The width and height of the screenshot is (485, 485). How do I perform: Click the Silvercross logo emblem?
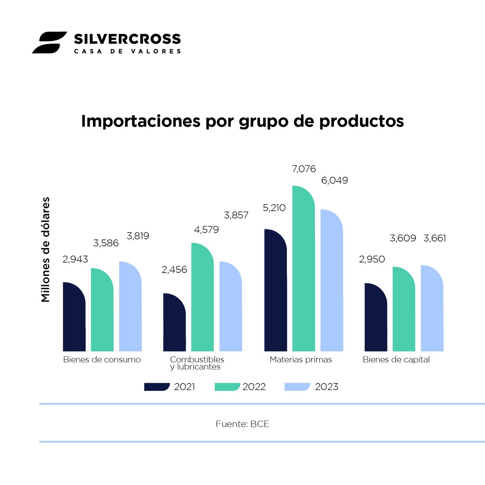pos(49,42)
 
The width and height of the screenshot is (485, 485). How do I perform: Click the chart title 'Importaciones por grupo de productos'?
pos(242,121)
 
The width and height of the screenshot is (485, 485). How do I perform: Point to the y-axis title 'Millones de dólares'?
pos(46,250)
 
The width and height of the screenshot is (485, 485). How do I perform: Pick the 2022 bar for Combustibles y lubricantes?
pos(202,298)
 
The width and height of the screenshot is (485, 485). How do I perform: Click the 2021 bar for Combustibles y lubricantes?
pos(174,323)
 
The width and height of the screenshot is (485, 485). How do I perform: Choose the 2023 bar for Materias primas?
pos(331,281)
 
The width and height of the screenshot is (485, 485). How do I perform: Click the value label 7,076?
pos(304,169)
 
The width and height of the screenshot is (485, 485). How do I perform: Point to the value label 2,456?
pos(174,269)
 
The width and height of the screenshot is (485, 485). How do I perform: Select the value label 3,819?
pos(138,236)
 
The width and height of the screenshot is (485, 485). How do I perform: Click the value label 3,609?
pos(403,238)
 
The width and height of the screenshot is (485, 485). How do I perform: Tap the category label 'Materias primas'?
pos(301,360)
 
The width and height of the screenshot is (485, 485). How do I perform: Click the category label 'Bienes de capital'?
pos(396,360)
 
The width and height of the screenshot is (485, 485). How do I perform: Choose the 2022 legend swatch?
pos(227,387)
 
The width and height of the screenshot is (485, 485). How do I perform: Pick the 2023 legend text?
pos(326,387)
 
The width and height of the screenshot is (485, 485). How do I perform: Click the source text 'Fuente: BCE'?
pos(242,424)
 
